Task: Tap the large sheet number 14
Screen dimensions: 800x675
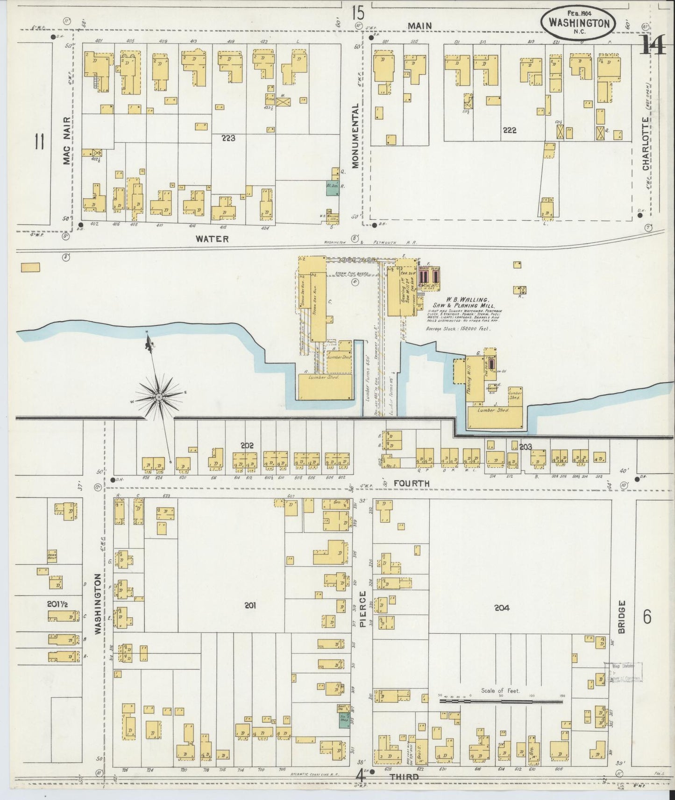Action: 653,45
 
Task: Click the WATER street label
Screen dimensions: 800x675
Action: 212,239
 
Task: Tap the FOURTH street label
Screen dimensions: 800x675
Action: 411,484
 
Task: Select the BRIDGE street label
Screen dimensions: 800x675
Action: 621,616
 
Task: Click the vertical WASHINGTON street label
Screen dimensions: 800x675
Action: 98,604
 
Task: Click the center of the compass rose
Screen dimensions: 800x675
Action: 159,396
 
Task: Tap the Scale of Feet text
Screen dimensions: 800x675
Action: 500,691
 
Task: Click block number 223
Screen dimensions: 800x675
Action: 228,138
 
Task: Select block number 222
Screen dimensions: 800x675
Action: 509,130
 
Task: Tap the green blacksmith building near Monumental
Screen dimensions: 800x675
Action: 332,188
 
